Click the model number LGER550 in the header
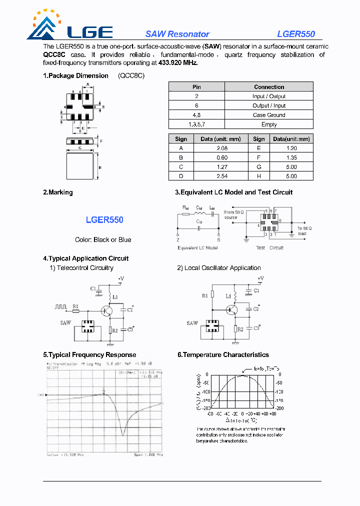(x=296, y=34)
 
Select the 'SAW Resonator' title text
(x=177, y=34)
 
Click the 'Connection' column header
(x=269, y=86)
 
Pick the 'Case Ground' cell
(x=269, y=115)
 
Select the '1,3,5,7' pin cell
(x=196, y=124)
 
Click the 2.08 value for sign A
(x=221, y=148)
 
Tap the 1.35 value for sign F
(x=291, y=157)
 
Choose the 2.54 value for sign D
(x=221, y=176)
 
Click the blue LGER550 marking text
(x=104, y=219)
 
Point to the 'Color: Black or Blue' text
(x=103, y=239)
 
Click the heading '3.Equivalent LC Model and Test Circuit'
(x=233, y=192)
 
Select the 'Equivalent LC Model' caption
(x=198, y=247)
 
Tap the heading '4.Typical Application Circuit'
(x=85, y=258)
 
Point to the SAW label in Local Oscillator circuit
(x=192, y=323)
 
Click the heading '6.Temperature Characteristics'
(x=223, y=354)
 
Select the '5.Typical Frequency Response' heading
(x=89, y=354)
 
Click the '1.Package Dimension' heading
(x=75, y=75)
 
